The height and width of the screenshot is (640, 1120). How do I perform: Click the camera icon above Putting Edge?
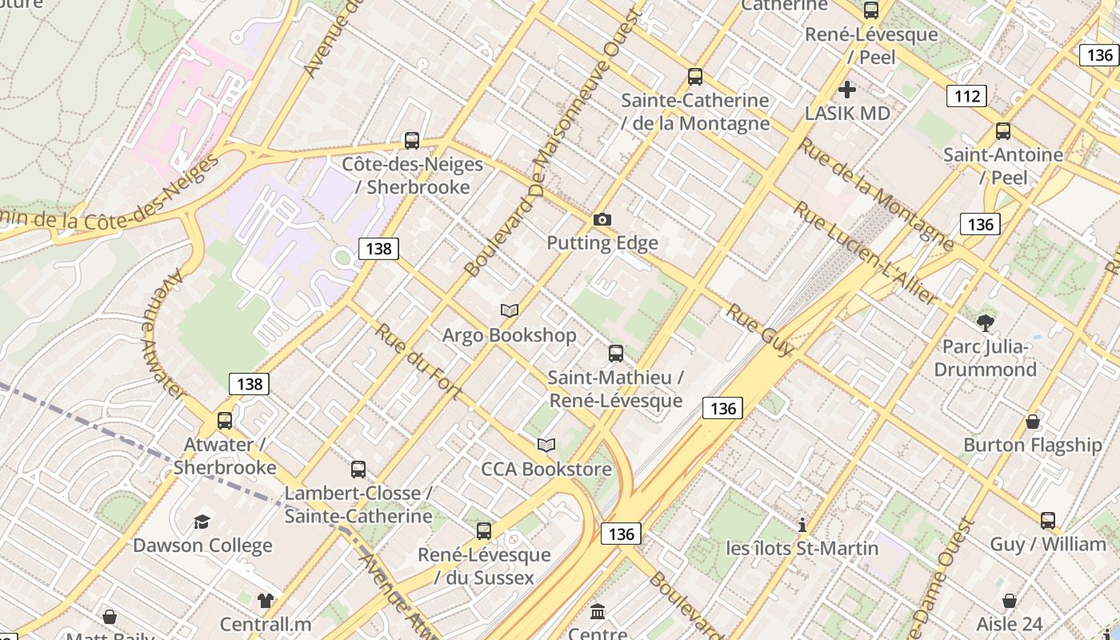602,219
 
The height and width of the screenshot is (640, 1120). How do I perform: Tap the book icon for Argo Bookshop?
510,310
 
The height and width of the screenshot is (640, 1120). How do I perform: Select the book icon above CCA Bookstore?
546,445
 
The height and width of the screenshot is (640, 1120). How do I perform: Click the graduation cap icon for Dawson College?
202,522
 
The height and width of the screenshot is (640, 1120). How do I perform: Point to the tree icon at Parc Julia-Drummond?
985,323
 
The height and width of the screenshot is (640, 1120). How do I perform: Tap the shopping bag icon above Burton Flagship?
1033,422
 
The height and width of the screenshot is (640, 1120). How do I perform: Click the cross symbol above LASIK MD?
847,90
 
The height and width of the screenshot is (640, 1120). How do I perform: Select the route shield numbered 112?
966,97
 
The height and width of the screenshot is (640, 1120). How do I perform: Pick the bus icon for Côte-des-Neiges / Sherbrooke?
412,141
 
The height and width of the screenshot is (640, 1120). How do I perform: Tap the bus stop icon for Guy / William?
1048,521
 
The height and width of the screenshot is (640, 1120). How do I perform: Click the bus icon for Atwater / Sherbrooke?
225,421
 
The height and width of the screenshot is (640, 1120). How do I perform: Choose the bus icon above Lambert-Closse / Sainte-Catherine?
358,470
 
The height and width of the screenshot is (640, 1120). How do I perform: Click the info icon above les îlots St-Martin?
802,525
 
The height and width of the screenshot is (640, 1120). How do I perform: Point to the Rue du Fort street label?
418,362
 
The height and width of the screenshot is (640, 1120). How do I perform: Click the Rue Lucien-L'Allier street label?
865,253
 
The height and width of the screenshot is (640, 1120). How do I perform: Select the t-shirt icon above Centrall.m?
266,601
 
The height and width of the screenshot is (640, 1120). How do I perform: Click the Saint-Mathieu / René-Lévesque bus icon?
616,354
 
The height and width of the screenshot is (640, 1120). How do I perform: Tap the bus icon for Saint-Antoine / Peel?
1003,131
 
